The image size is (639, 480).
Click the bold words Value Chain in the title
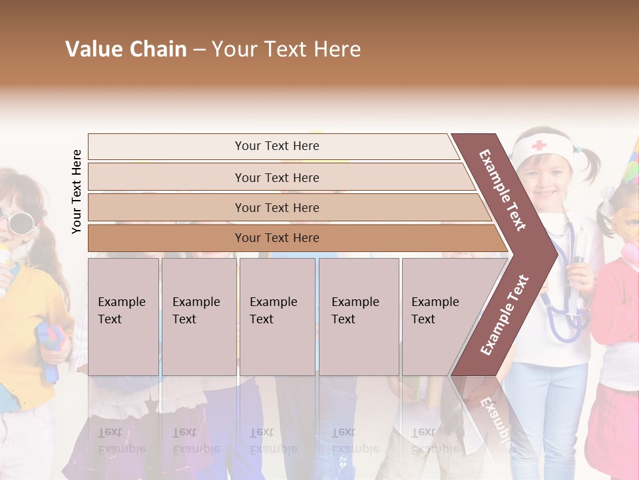126,49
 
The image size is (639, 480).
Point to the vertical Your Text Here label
77,191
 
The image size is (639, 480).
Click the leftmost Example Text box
123,317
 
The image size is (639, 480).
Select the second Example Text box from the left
199,317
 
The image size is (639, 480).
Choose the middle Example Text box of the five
277,317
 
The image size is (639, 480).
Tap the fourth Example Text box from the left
359,317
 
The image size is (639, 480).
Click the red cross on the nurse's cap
538,145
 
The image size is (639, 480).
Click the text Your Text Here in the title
286,49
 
